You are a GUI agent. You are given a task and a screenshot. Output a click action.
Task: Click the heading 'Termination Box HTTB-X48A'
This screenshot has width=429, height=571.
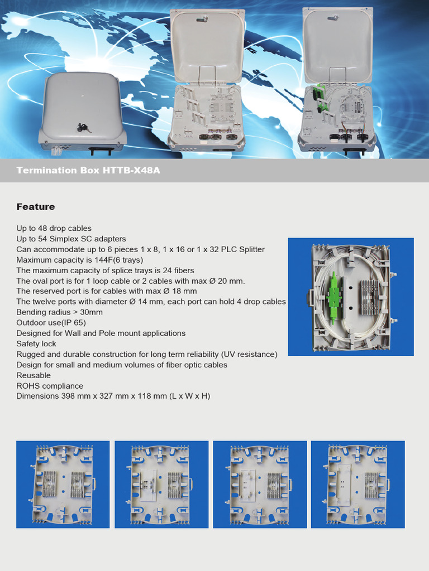coord(88,170)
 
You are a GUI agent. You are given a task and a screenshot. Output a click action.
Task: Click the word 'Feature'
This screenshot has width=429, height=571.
coord(36,207)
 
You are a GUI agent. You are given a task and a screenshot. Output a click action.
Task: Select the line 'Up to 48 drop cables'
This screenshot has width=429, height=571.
coord(54,228)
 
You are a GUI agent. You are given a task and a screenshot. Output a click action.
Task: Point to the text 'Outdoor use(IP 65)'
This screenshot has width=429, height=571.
coord(51,322)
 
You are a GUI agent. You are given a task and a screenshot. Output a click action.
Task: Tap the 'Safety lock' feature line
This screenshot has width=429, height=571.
coord(36,343)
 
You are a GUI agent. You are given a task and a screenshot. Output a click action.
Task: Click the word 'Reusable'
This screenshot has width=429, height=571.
coord(34,375)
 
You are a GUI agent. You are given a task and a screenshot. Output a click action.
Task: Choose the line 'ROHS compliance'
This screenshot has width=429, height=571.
coord(50,386)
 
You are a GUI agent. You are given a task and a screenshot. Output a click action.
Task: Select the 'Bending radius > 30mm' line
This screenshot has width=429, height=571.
coord(59,312)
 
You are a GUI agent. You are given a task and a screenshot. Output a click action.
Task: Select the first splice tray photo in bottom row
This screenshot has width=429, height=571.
coord(63,484)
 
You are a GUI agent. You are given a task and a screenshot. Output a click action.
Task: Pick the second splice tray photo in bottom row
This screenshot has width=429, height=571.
coord(161,484)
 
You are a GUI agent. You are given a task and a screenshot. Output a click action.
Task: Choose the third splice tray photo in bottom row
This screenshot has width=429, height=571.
coord(260,484)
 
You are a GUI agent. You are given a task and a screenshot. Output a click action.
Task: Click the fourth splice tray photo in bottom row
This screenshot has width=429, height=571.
coord(357,484)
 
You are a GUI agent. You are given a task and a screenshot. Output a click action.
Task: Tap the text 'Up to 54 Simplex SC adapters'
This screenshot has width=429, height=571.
coord(71,239)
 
